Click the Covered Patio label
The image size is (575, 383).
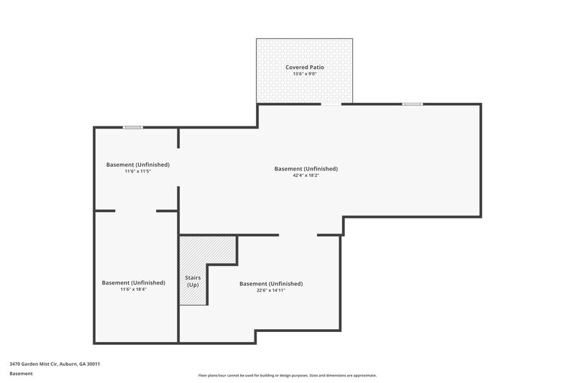pyautogui.click(x=304, y=67)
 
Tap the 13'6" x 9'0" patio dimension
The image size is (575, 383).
pyautogui.click(x=304, y=74)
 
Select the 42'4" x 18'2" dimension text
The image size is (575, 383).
pyautogui.click(x=305, y=175)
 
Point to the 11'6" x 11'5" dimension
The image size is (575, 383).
pyautogui.click(x=137, y=171)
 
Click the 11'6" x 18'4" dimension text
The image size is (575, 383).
pyautogui.click(x=133, y=289)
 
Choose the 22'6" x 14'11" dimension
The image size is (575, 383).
pyautogui.click(x=270, y=290)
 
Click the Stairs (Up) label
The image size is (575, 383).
pyautogui.click(x=193, y=280)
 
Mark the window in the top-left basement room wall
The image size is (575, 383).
pyautogui.click(x=132, y=127)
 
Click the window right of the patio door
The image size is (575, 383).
pyautogui.click(x=412, y=104)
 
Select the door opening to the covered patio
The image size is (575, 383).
pyautogui.click(x=331, y=104)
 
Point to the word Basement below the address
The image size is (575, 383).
pyautogui.click(x=22, y=374)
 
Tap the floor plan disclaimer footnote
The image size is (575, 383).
pyautogui.click(x=287, y=375)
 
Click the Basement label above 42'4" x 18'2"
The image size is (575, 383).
pyautogui.click(x=305, y=169)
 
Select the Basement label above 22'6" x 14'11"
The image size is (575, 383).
pyautogui.click(x=270, y=283)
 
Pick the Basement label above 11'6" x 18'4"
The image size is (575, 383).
pyautogui.click(x=133, y=282)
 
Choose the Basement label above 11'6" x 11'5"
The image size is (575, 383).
pyautogui.click(x=137, y=165)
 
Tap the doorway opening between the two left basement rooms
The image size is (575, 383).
pyautogui.click(x=136, y=211)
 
